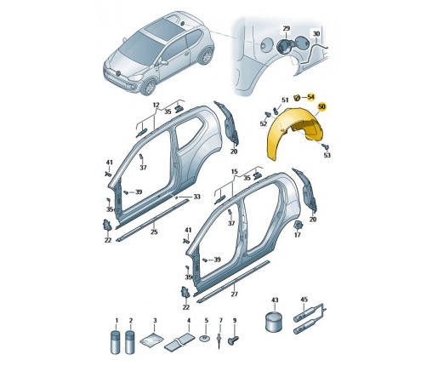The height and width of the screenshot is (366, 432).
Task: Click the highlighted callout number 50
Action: coord(321,107)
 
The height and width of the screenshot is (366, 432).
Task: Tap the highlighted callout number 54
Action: coord(311,97)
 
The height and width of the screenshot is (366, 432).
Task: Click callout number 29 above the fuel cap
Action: coord(287,28)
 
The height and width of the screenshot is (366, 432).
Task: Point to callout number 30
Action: coord(316,34)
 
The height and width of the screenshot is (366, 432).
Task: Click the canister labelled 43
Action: coord(273,321)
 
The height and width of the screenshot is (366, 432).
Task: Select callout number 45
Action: coord(304,300)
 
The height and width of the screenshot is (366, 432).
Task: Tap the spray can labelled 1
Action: coord(117,341)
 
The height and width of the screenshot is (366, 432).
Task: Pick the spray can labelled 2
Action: coord(130,341)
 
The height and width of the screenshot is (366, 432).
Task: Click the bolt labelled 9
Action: coord(233,340)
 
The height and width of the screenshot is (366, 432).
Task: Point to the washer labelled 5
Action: coord(206,338)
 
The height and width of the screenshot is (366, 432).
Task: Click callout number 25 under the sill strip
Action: coord(154,232)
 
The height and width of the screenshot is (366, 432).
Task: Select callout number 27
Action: coord(234,295)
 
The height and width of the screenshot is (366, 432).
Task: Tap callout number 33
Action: coord(196,197)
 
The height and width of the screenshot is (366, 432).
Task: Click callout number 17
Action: coord(298,235)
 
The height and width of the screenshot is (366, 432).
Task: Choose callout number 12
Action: coord(156,105)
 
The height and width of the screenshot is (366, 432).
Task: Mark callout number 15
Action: coord(234,172)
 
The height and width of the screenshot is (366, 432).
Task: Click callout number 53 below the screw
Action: coord(327,155)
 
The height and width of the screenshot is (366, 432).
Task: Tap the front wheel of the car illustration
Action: coord(148,87)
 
